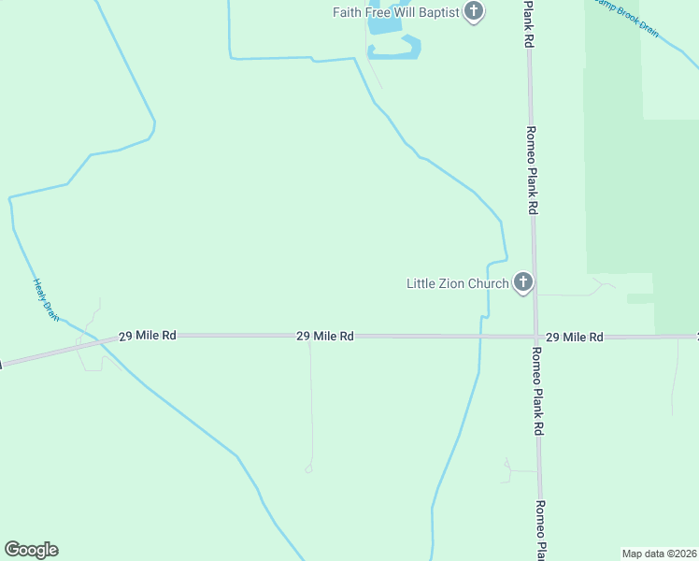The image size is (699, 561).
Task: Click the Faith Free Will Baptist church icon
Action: (x=474, y=12)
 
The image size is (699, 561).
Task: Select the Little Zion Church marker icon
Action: (x=522, y=282)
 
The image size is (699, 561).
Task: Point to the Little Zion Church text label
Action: (x=457, y=283)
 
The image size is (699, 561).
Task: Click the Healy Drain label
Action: (x=46, y=300)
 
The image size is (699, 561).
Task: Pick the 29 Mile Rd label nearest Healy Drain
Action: (x=148, y=335)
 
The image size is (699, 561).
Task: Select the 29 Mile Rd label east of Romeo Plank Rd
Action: (x=574, y=336)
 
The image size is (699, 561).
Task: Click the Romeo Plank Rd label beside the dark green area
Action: (x=531, y=171)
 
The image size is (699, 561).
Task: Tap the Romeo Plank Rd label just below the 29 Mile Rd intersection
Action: (x=537, y=392)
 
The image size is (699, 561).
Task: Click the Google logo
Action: (x=31, y=550)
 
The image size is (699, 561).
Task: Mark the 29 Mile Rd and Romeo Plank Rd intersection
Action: (x=535, y=336)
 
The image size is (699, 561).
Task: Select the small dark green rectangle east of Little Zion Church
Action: (x=640, y=299)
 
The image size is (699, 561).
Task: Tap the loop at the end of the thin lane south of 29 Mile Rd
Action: (x=308, y=467)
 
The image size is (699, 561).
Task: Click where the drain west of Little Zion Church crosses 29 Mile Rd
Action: (x=480, y=336)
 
